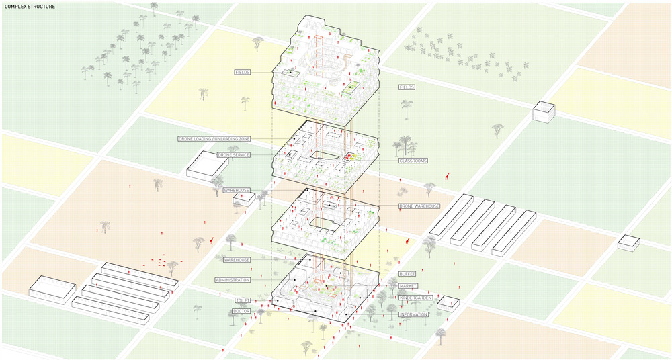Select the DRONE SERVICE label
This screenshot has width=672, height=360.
pyautogui.click(x=234, y=155)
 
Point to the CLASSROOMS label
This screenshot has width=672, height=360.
pyautogui.click(x=413, y=161)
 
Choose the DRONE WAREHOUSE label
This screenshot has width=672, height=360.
pyautogui.click(x=419, y=206)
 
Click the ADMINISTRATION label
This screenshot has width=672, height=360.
pyautogui.click(x=233, y=279)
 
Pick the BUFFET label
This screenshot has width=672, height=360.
pyautogui.click(x=407, y=274)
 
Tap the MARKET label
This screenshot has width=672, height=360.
pyautogui.click(x=408, y=286)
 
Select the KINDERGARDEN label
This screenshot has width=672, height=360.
pyautogui.click(x=415, y=298)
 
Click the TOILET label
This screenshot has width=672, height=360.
pyautogui.click(x=243, y=300)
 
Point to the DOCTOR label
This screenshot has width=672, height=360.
pyautogui.click(x=241, y=312)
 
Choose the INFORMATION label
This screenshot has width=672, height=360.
pyautogui.click(x=413, y=314)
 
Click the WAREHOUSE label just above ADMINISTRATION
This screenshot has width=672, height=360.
pyautogui.click(x=237, y=259)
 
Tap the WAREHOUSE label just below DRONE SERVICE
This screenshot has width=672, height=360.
pyautogui.click(x=237, y=191)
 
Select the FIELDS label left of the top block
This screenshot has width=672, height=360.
pyautogui.click(x=243, y=72)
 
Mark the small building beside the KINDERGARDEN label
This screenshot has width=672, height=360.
pyautogui.click(x=447, y=303)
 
